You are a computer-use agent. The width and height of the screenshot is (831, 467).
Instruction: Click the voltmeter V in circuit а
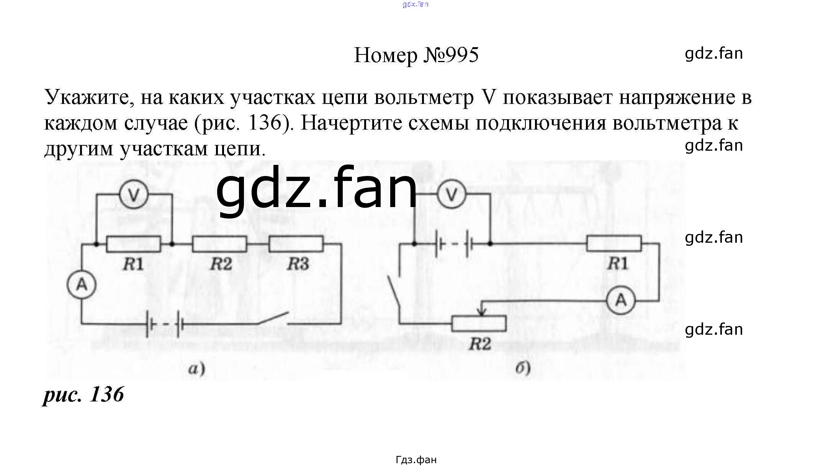134,195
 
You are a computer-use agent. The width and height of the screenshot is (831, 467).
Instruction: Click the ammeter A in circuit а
82,284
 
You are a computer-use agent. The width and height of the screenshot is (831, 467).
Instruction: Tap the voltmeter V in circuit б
452,195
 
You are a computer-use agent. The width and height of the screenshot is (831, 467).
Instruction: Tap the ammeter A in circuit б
620,300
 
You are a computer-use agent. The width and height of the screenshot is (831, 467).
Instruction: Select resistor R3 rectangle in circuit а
296,244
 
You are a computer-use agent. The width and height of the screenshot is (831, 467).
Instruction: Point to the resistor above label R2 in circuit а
219,244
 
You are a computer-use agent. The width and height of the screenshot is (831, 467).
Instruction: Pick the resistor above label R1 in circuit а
133,244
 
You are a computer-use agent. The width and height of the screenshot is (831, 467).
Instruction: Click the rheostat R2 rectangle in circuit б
479,324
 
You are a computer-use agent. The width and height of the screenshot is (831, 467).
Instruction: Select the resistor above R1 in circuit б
614,243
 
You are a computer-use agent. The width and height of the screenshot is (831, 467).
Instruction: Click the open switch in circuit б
394,291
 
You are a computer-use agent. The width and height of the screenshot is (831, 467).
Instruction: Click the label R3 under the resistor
298,264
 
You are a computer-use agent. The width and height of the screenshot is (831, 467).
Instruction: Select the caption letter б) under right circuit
523,368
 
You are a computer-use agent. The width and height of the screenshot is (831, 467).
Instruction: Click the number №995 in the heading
451,55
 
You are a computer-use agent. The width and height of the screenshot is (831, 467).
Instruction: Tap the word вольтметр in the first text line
424,97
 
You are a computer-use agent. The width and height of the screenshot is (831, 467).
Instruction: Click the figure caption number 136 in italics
106,394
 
